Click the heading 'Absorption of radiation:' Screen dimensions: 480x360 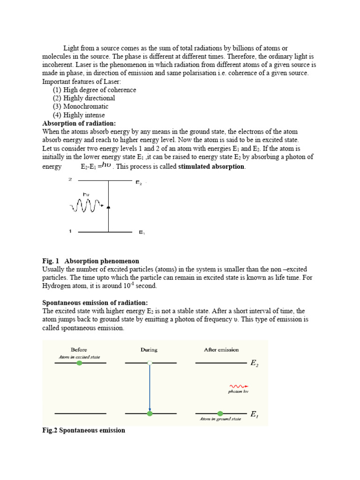click(79, 124)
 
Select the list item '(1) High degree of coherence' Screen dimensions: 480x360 click(94, 90)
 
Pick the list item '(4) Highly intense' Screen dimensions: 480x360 click(79, 115)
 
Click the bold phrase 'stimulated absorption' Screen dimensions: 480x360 click(211, 166)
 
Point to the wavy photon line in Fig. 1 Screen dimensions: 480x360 click(86, 205)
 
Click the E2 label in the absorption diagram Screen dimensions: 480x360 click(139, 183)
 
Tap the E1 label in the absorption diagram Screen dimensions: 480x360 click(142, 232)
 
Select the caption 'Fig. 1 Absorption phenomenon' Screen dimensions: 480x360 click(90, 261)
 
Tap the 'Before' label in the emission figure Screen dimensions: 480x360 click(79, 350)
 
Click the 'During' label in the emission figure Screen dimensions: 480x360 click(149, 350)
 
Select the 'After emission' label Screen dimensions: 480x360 click(221, 350)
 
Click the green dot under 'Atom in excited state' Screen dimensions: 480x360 click(79, 363)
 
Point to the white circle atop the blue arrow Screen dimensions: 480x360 click(149, 362)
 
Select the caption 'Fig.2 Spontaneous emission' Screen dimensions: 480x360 click(84, 430)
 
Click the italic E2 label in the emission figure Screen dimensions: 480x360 click(255, 363)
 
